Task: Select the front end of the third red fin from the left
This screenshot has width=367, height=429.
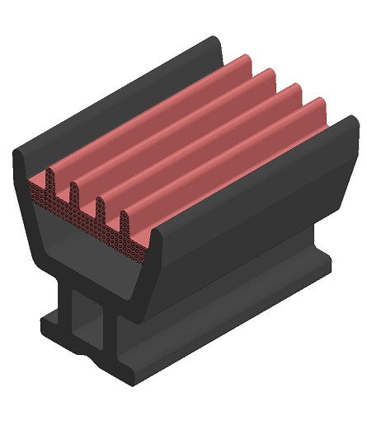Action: (x=101, y=211)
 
